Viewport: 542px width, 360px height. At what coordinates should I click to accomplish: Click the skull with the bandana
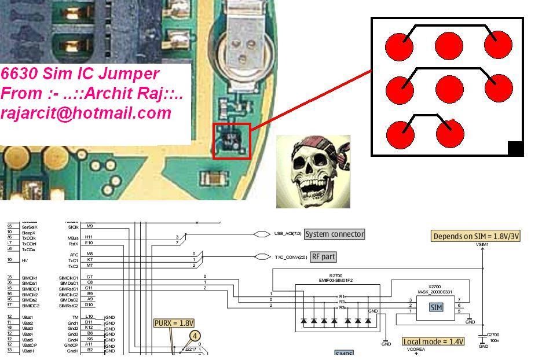pos(313,171)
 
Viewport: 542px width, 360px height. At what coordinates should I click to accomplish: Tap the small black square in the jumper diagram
pos(515,149)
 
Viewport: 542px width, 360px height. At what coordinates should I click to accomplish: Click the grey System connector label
pos(335,234)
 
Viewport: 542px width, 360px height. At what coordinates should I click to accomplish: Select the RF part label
pos(324,256)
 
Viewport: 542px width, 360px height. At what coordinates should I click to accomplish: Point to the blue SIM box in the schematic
pos(436,307)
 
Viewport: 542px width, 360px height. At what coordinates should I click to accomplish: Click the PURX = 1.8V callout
pos(174,323)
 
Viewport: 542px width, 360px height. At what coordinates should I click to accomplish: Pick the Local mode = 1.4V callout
pos(434,341)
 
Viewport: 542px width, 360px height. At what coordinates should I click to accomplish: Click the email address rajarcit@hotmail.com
pos(86,113)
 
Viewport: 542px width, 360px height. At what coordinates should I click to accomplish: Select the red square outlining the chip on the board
pos(232,141)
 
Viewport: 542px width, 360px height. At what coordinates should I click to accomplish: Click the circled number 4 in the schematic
pos(195,336)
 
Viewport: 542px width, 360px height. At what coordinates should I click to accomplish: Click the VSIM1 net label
pos(482,245)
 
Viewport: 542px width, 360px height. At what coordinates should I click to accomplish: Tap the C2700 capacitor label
pos(493,335)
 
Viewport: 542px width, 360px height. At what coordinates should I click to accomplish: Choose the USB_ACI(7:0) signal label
pos(288,234)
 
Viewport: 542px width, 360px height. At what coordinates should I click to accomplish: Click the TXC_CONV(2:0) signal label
pos(291,256)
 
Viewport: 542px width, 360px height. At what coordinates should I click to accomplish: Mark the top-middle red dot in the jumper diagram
pos(449,46)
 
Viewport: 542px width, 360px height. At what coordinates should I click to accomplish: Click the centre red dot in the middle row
pos(449,89)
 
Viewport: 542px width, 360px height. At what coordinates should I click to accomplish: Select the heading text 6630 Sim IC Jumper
pos(80,74)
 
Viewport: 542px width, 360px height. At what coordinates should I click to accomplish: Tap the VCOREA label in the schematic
pos(415,350)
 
